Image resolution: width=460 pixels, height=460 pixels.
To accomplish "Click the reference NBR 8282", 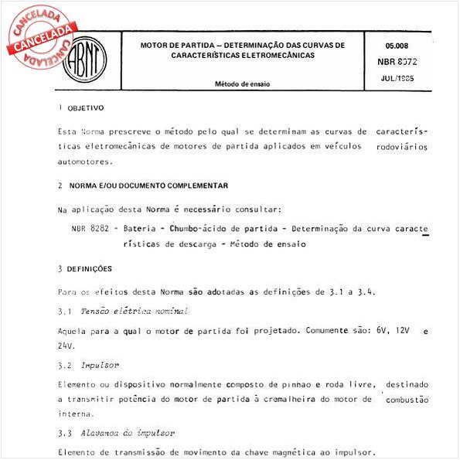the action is pyautogui.click(x=88, y=229).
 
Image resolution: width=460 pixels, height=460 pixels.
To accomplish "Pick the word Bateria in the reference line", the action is pyautogui.click(x=136, y=229).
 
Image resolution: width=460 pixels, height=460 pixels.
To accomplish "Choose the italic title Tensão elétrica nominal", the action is pyautogui.click(x=133, y=311).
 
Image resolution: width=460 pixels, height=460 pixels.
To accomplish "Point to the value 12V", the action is pyautogui.click(x=399, y=329).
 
